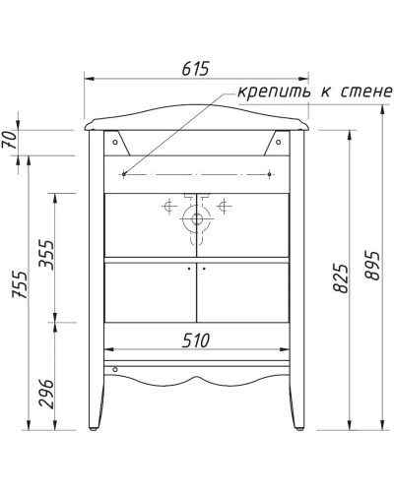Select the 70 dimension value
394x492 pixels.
tap(10, 141)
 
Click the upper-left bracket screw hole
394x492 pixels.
tap(116, 141)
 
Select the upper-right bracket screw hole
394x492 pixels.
tap(279, 141)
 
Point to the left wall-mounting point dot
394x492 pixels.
tap(124, 174)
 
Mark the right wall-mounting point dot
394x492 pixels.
tap(270, 174)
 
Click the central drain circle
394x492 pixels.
tap(197, 220)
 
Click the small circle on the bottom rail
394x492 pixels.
tap(116, 370)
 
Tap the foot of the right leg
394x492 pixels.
tap(296, 425)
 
